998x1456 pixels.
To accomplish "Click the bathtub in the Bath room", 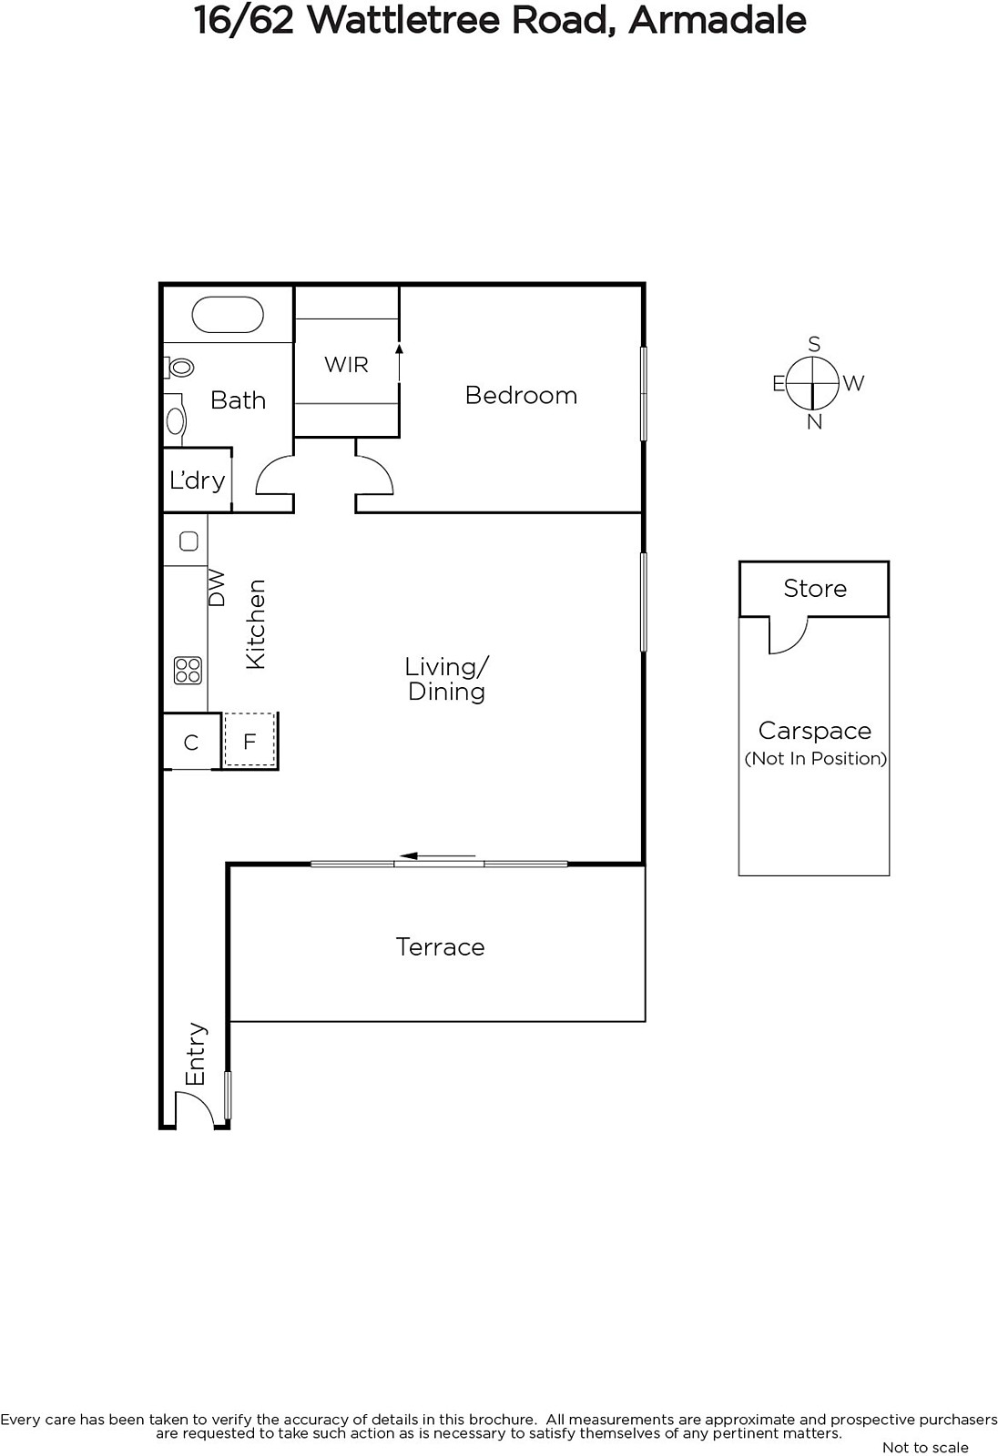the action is click(x=227, y=315).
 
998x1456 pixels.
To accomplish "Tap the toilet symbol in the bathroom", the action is click(x=178, y=368).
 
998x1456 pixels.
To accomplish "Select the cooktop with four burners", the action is click(x=188, y=671).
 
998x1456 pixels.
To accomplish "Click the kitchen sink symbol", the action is click(x=188, y=541).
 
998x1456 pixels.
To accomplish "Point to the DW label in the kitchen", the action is click(x=217, y=588).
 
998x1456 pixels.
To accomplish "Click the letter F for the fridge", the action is click(x=249, y=742).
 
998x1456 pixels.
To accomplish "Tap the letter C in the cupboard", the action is click(x=190, y=743).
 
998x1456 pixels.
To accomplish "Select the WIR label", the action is click(x=346, y=365).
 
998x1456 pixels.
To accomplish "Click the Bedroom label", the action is click(x=521, y=395).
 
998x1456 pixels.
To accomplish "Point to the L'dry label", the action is click(x=197, y=480).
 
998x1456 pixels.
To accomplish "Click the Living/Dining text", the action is click(x=446, y=679).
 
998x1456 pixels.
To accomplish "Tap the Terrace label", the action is click(x=441, y=947).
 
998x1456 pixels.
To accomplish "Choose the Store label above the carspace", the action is click(x=815, y=588).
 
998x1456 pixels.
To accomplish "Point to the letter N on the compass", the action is click(x=815, y=422).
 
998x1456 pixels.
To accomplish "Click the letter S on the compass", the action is click(x=815, y=344).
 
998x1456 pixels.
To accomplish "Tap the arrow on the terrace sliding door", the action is click(x=437, y=856).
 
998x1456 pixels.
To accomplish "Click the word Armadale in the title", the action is click(x=718, y=20).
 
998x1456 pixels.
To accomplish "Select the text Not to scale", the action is click(x=926, y=1447).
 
